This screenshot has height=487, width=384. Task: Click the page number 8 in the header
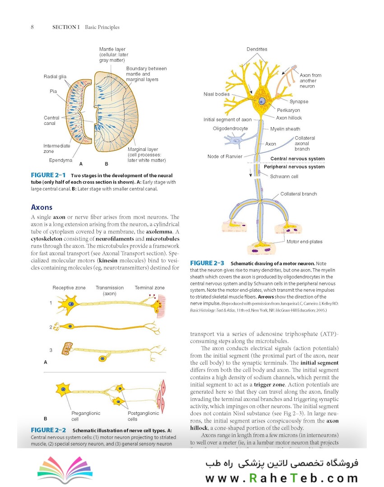coord(32,27)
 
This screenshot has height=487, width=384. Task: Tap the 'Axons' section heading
coord(42,207)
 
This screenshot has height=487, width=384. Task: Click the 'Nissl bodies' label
coord(217,94)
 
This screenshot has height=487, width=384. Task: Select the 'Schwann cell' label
coord(284,177)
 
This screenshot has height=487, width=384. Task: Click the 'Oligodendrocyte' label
coord(230,129)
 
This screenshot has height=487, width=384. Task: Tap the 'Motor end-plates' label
coord(305,242)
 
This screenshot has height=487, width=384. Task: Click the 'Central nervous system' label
coord(297,159)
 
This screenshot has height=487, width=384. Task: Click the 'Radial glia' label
coord(55,77)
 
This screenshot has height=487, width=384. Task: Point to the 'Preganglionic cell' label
coord(86,416)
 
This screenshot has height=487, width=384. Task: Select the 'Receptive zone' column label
coord(69,288)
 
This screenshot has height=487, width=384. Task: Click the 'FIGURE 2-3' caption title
coord(207,263)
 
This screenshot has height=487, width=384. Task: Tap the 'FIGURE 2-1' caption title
coord(48,175)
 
